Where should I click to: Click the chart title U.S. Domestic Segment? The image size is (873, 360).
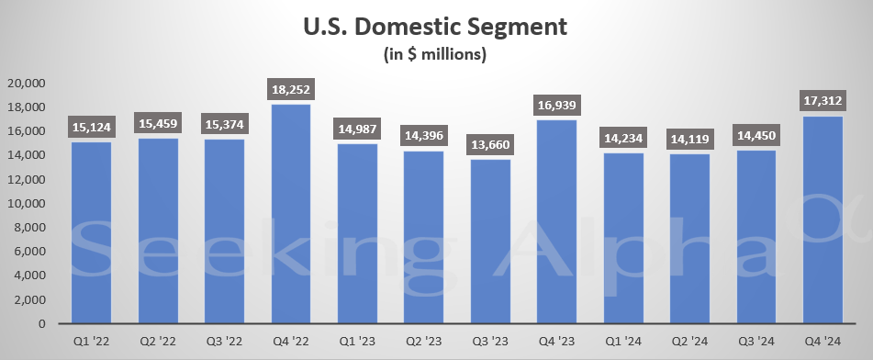[x=436, y=26]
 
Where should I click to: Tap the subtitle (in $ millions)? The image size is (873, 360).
[x=436, y=54]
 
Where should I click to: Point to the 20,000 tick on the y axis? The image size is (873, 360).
[x=26, y=83]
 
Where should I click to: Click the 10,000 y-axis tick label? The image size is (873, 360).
[x=26, y=203]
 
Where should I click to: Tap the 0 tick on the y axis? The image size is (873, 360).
[x=41, y=323]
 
